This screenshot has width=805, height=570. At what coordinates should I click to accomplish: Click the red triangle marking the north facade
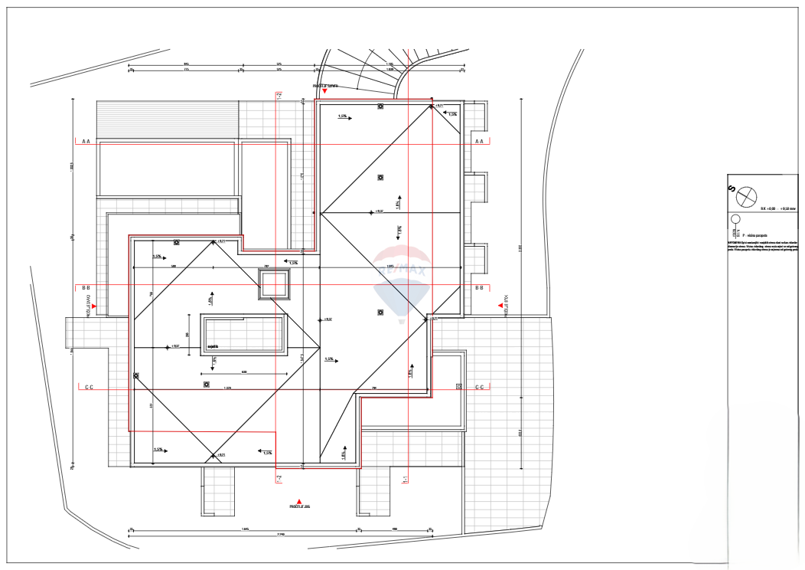(x=324, y=91)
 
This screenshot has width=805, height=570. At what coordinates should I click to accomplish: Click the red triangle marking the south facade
(x=299, y=500)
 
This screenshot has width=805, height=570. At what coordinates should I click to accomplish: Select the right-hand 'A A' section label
(x=480, y=142)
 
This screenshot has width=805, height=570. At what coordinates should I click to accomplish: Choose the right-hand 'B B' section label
(x=480, y=288)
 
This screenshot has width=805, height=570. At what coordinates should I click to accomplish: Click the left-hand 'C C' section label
(x=89, y=388)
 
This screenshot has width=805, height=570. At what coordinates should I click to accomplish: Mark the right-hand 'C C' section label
(x=480, y=388)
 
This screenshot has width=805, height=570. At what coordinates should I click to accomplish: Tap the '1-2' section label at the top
(x=279, y=97)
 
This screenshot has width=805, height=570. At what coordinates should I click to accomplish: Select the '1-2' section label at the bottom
(x=279, y=478)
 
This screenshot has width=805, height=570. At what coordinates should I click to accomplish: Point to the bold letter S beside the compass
(x=732, y=188)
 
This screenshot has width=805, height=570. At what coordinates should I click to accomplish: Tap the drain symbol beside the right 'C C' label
(x=459, y=386)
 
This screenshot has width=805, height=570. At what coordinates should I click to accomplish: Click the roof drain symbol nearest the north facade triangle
(x=380, y=106)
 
